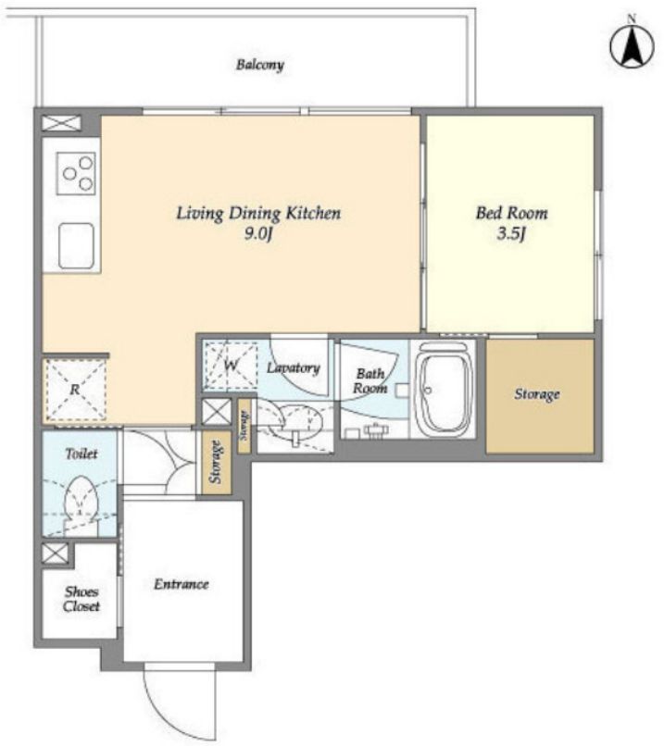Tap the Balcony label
click(x=260, y=64)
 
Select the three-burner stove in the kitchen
click(x=76, y=173)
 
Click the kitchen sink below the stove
click(x=76, y=245)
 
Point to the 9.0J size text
click(x=258, y=234)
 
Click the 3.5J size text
click(x=511, y=234)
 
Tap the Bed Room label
click(x=512, y=213)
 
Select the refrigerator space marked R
click(x=75, y=391)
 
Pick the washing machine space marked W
click(x=231, y=365)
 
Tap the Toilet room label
click(x=81, y=454)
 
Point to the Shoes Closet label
click(x=81, y=599)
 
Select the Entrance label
click(x=182, y=584)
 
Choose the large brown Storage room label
click(x=537, y=394)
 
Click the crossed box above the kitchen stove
click(x=61, y=123)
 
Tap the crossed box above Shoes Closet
click(x=55, y=553)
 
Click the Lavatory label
click(x=293, y=367)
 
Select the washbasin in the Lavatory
click(x=295, y=422)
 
